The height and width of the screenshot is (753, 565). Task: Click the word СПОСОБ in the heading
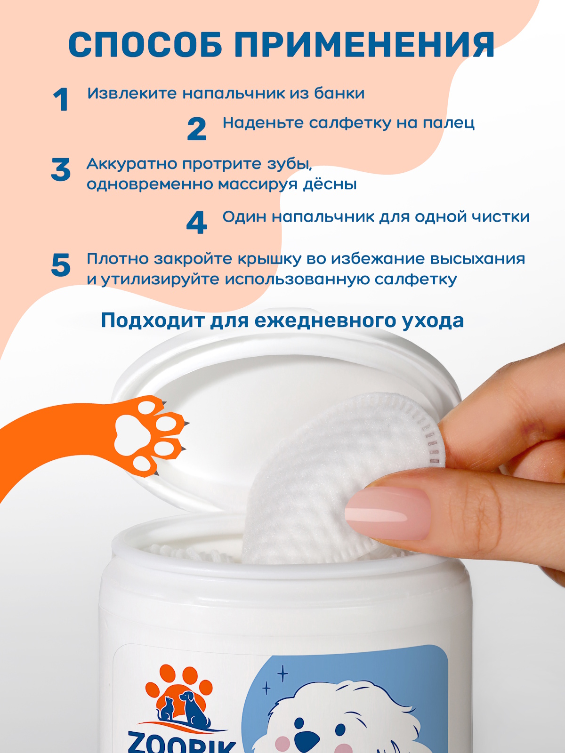coord(145,45)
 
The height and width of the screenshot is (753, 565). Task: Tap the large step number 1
coord(61,99)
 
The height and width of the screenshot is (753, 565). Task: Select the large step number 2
coord(196,129)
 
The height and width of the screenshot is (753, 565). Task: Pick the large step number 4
coord(196,223)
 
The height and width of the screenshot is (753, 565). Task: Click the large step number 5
coord(61,264)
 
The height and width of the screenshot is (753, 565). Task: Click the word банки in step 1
coord(339,93)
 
